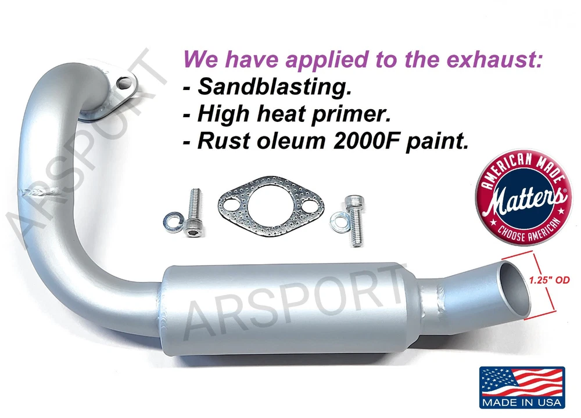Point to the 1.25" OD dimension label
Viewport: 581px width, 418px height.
tap(549, 280)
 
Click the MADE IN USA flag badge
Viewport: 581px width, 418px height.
tap(522, 387)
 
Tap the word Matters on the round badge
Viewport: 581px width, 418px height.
tap(526, 199)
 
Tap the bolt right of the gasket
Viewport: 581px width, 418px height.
tap(354, 221)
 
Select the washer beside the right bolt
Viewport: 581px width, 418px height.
tap(339, 221)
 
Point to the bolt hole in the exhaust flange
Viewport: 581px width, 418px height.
tap(124, 83)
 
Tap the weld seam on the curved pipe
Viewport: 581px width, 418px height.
tap(40, 192)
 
